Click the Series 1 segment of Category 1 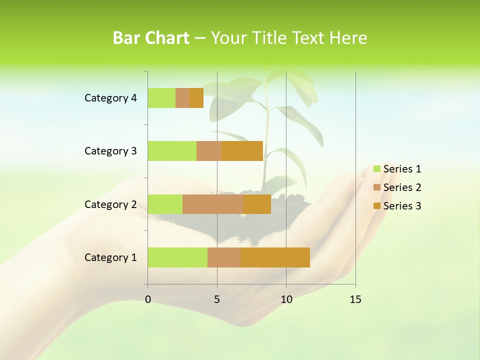coord(177,257)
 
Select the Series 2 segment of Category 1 coord(224,257)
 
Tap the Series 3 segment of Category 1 coord(275,257)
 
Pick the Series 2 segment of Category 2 coord(213,204)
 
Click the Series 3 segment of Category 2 coord(257,204)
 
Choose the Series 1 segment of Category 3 coord(172,151)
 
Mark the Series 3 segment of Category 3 coord(242,151)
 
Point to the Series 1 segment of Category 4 coord(161,98)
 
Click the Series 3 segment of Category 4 coord(196,98)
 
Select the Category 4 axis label coord(110,98)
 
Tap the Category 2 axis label coord(110,204)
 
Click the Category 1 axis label coord(110,257)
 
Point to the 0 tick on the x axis coord(148,299)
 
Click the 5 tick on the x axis coord(217,299)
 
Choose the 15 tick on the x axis coord(355,299)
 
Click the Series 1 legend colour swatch coord(377,169)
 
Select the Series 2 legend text coord(402,187)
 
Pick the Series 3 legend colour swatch coord(377,206)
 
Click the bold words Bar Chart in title coord(151,38)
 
